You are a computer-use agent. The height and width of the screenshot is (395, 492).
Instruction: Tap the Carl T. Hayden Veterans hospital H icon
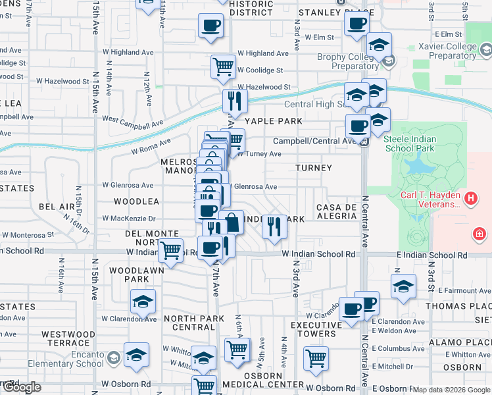point(471,197)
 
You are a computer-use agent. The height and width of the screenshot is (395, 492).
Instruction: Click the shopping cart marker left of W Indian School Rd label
point(171,251)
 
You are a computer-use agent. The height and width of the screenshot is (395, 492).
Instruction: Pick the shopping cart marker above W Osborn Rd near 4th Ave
point(316,359)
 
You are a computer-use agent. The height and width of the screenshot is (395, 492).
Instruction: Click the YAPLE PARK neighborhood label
point(274,121)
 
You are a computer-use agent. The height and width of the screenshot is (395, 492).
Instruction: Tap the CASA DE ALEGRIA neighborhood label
point(336,212)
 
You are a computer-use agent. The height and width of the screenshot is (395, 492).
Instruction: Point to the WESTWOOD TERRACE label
point(65,338)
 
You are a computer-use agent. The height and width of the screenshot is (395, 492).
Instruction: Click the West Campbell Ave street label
point(132,122)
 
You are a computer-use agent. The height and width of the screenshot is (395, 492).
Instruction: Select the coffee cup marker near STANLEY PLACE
point(357,24)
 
